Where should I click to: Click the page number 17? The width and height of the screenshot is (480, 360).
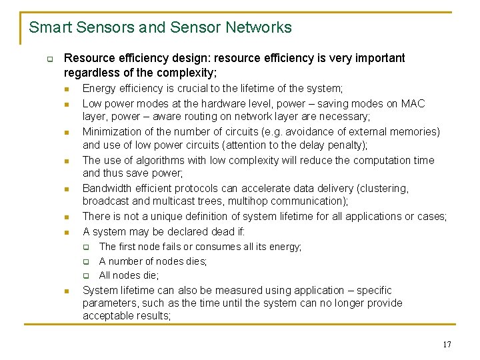click(447, 345)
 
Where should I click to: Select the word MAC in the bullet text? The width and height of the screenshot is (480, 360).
click(413, 103)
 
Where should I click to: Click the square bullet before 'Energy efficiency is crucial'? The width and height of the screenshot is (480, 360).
click(67, 89)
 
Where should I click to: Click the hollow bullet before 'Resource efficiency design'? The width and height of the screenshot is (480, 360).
click(49, 59)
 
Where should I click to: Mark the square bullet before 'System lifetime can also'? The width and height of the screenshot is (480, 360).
click(67, 291)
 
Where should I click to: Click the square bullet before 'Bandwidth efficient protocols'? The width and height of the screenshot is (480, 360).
click(67, 189)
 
